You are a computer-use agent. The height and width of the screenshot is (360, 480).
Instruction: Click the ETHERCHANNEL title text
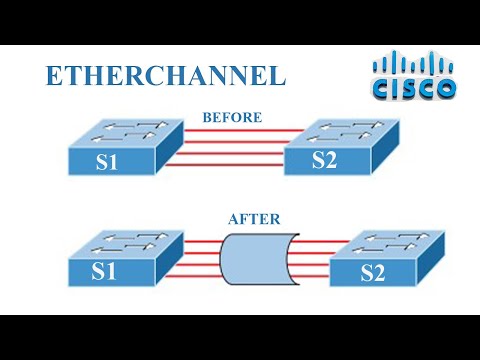(x=166, y=76)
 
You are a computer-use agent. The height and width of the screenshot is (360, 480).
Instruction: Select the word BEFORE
(x=232, y=118)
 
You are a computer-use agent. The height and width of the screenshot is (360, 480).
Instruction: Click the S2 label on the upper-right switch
(x=325, y=161)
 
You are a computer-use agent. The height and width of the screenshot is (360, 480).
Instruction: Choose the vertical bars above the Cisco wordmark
(x=414, y=64)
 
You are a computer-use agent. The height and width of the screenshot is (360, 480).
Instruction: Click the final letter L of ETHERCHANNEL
(x=277, y=76)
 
